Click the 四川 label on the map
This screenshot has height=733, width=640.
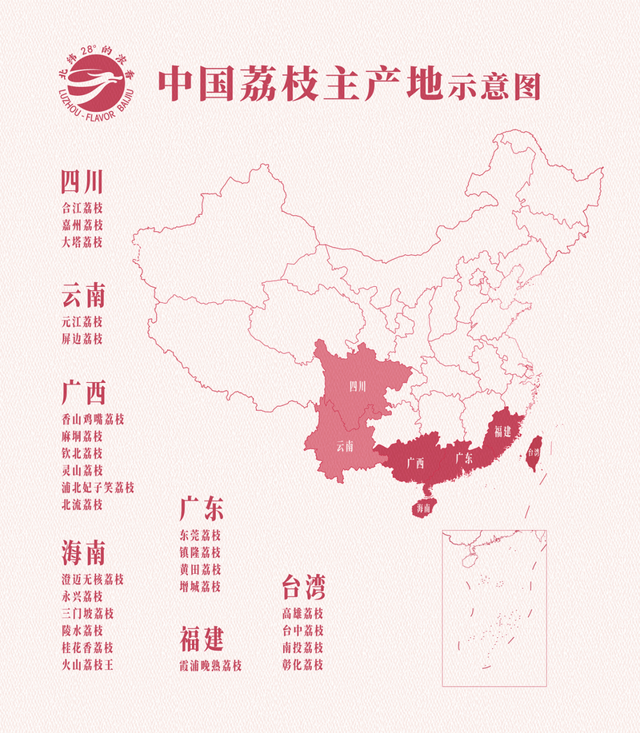coord(357,387)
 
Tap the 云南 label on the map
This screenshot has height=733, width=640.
coord(345,444)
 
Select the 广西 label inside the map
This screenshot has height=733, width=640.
coord(414,462)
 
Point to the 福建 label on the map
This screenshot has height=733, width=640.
coord(502,432)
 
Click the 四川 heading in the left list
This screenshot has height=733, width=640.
coord(82,183)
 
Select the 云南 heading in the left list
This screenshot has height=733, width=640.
coord(83,297)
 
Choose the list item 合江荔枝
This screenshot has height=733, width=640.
coord(82,206)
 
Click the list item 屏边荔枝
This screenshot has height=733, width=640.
coord(82,339)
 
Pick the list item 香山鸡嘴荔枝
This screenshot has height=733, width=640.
coord(93,419)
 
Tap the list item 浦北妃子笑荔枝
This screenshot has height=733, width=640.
coord(98,488)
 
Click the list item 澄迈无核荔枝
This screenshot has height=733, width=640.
coord(93,578)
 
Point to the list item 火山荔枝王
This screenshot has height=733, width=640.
coord(88,664)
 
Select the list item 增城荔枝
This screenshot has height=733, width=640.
coord(201,587)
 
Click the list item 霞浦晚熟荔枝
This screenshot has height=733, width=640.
coord(211,665)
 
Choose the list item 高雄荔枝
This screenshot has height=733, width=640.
coord(302,614)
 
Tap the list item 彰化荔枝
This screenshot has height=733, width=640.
coord(302,665)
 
